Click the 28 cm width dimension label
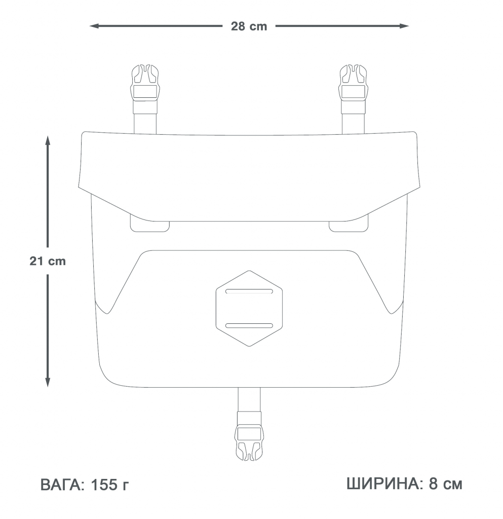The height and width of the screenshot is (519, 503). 249,26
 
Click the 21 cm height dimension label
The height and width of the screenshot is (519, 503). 48,262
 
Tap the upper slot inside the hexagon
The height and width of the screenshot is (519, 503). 249,291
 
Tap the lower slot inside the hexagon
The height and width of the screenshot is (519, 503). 249,325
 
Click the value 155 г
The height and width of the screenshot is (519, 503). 110,486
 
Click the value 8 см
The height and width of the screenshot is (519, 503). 446,484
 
